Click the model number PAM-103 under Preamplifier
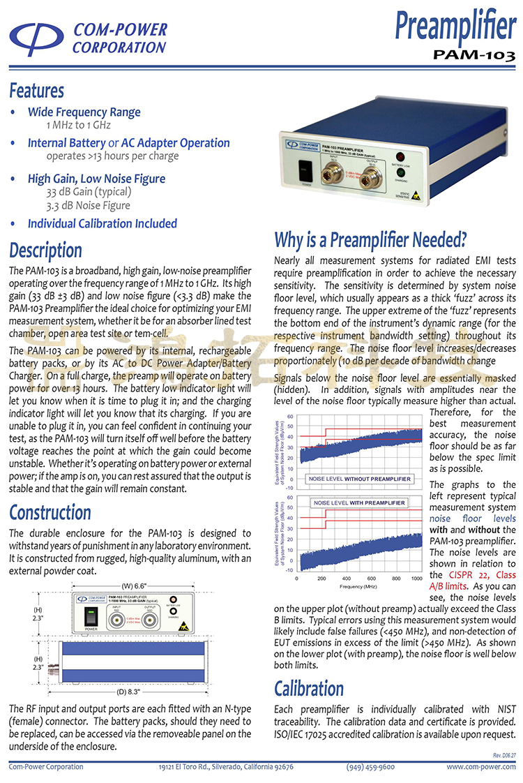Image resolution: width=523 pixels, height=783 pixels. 474,54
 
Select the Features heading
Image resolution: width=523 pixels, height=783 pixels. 36,91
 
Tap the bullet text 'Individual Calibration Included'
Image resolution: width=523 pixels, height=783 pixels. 102,224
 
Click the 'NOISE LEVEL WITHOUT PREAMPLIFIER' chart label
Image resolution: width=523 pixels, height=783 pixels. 360,479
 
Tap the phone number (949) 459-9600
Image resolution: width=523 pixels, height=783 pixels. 370,766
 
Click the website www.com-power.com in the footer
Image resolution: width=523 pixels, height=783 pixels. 481,766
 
